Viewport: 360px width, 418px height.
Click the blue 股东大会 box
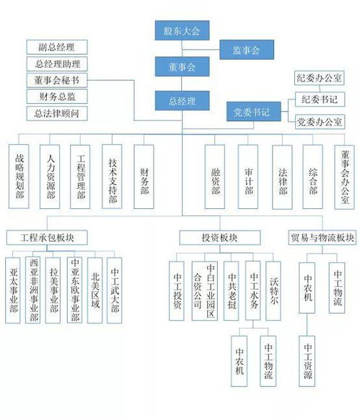[x=182, y=31]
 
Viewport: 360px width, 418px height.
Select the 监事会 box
[x=247, y=50]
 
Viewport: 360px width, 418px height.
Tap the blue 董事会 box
[x=182, y=66]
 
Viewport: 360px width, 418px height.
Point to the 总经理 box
[x=182, y=101]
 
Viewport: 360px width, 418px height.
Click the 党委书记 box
[x=253, y=112]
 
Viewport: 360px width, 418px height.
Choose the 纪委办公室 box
[x=319, y=78]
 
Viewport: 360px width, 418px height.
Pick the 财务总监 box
[x=57, y=97]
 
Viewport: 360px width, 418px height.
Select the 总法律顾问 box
[x=57, y=114]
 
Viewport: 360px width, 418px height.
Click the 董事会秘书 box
[x=57, y=80]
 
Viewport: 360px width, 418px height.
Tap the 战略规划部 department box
[x=19, y=177]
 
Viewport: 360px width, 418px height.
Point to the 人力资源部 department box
[x=50, y=177]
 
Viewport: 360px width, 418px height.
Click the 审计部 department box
[x=248, y=177]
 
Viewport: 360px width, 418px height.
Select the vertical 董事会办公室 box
[x=345, y=177]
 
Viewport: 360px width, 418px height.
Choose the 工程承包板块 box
[x=47, y=238]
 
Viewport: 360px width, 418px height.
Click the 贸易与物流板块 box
[x=322, y=238]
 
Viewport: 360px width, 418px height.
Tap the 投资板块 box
[x=220, y=238]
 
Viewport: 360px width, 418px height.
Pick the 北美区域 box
[x=95, y=290]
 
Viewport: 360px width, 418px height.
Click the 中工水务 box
[x=253, y=290]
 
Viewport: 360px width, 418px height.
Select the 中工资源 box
[x=307, y=361]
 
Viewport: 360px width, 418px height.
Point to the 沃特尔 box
[x=273, y=290]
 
